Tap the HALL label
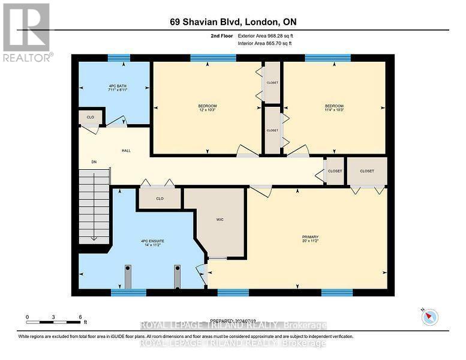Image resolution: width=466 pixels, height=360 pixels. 126,151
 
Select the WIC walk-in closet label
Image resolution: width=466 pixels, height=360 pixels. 220,219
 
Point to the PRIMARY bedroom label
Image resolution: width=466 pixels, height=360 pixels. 310,237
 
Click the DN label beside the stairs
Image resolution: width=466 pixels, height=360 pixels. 94,162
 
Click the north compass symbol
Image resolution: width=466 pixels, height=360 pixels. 429,317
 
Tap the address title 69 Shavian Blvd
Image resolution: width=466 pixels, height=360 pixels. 233,22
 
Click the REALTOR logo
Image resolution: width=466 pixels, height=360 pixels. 27,32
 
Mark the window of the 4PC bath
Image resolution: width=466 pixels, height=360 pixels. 119,58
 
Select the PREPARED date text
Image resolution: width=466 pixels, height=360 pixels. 233,321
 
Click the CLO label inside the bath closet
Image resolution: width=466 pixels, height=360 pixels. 91,117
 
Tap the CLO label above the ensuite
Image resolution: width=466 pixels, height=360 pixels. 160,198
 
